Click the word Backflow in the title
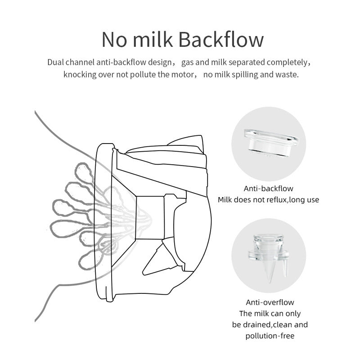(x=221, y=39)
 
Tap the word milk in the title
(x=149, y=39)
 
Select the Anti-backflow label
(x=268, y=189)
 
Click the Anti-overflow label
(x=268, y=302)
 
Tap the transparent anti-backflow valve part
(x=268, y=140)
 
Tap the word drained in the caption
(x=257, y=324)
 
